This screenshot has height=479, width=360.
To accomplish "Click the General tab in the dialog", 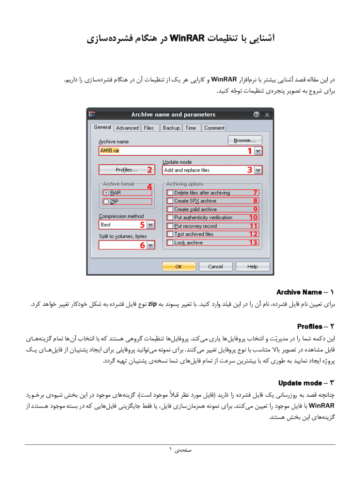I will click(102, 127).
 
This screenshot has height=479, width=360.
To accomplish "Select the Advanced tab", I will click(127, 128).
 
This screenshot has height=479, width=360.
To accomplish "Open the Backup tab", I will click(171, 128).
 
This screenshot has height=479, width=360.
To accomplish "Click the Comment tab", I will click(214, 128).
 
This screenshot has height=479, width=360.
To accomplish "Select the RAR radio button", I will click(106, 192).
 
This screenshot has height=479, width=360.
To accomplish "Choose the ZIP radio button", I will click(106, 202).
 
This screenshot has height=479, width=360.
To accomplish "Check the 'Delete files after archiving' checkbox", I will click(170, 193).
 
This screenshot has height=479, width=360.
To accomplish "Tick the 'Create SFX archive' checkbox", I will click(170, 201).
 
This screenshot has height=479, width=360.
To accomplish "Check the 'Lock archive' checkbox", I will click(170, 243).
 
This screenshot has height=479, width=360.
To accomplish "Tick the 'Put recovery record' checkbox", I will click(170, 226).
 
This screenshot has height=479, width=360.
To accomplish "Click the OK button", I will click(179, 266).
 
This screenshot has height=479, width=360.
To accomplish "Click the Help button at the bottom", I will click(252, 266).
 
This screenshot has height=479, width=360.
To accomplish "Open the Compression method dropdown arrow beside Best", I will click(150, 225).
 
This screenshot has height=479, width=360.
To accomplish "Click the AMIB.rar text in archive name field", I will click(110, 151).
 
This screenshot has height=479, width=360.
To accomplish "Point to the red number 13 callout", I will click(253, 243).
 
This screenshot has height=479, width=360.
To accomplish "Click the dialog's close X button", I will click(267, 115).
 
